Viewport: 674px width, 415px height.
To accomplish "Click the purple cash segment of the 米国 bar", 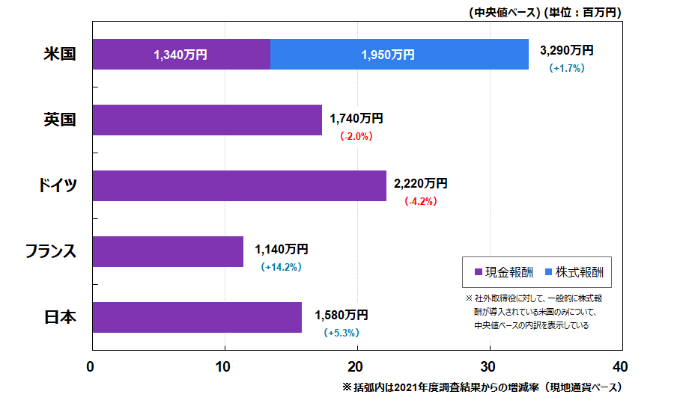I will click(x=180, y=55).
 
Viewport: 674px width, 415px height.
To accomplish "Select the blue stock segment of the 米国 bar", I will click(x=399, y=55).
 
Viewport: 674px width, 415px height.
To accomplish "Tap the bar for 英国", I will click(x=207, y=120).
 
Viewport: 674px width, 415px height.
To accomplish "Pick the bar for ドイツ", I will click(x=239, y=185).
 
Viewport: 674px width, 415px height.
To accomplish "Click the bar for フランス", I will click(x=168, y=251).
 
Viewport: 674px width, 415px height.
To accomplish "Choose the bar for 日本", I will click(x=197, y=317).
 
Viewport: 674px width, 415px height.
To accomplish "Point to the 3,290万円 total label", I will click(x=566, y=51).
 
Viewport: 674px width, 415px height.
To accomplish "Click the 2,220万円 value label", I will click(x=420, y=183).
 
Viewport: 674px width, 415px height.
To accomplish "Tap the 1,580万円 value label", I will click(x=341, y=314).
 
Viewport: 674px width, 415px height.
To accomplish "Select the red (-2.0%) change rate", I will click(x=356, y=136).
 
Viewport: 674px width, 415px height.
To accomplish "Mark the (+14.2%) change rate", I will click(x=281, y=267).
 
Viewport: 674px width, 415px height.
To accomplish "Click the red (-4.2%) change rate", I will click(x=420, y=201).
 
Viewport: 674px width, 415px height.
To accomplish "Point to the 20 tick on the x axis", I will click(x=356, y=367).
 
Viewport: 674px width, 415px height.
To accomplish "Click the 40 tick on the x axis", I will click(x=621, y=367).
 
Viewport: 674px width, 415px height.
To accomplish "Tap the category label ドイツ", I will click(x=58, y=185).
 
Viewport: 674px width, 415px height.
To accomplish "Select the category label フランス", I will click(x=51, y=251).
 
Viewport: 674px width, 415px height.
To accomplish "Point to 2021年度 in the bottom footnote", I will click(x=419, y=388).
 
